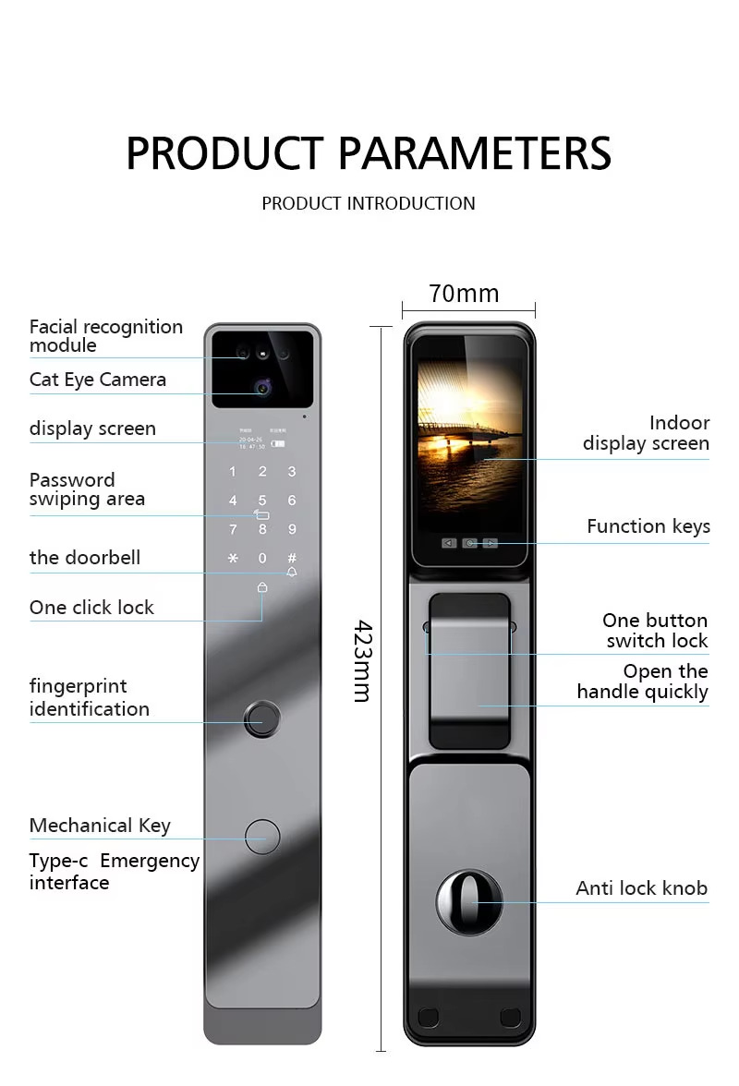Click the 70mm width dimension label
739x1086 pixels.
click(464, 294)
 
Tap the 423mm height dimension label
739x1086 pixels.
click(364, 660)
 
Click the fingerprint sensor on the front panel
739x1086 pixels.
click(263, 718)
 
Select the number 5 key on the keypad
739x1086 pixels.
click(262, 501)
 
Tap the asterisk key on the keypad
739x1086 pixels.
click(233, 559)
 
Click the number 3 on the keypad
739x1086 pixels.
click(292, 472)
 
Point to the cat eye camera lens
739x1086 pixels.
click(263, 388)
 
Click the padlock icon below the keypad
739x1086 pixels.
click(262, 586)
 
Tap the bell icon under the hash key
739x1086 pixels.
click(292, 573)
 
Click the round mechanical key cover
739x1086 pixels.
click(262, 836)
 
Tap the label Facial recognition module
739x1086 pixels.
click(105, 336)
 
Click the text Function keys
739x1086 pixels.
click(648, 526)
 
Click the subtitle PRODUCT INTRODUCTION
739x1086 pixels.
click(369, 203)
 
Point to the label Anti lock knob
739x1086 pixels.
click(641, 888)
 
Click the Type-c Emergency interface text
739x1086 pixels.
click(114, 871)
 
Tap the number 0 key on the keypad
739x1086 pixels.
click(262, 559)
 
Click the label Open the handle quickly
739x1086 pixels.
click(643, 682)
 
